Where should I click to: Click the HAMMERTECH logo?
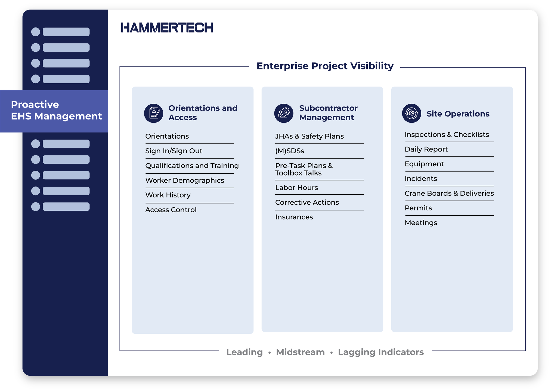tap(167, 28)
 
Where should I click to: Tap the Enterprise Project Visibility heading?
tap(325, 66)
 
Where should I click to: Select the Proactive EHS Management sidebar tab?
tap(56, 111)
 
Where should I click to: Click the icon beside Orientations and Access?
tap(154, 113)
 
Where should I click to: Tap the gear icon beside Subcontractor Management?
tap(284, 113)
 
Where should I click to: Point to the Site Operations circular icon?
tap(411, 113)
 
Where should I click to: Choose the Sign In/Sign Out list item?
tap(174, 151)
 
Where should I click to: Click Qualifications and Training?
tap(192, 166)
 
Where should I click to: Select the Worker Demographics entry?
tap(185, 180)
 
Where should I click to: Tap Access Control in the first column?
tap(171, 210)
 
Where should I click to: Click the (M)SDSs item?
tap(289, 151)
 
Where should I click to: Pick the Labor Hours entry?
tap(296, 188)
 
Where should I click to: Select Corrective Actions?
tap(307, 203)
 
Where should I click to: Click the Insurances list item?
tap(294, 217)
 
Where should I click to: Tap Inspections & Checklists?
tap(447, 135)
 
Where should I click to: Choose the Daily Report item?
tap(426, 149)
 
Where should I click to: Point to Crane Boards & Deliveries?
tap(449, 194)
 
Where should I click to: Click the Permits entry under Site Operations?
tap(418, 208)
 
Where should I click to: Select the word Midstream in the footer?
tap(300, 352)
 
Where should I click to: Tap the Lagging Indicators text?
tap(381, 352)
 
